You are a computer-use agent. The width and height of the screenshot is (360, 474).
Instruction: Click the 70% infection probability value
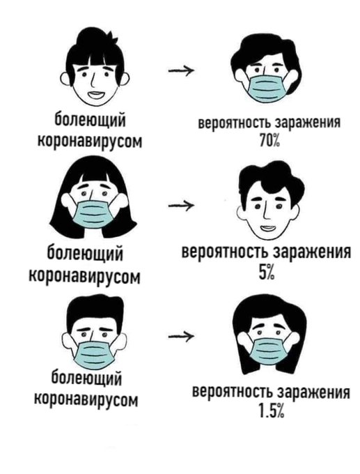click(x=269, y=139)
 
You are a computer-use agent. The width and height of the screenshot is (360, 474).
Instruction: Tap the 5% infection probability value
click(x=266, y=273)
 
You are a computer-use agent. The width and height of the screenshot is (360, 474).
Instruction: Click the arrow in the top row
click(x=181, y=70)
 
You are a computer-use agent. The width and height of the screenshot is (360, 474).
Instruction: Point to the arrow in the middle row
click(x=181, y=206)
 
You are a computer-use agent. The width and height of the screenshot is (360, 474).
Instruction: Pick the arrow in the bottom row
click(x=180, y=337)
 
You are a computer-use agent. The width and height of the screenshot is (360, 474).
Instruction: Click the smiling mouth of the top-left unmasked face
click(x=97, y=95)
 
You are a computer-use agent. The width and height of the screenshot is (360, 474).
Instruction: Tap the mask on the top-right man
click(x=266, y=86)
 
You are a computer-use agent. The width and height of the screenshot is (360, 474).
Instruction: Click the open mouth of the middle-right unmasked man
click(x=267, y=228)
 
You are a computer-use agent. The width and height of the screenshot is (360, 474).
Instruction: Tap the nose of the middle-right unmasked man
click(x=266, y=211)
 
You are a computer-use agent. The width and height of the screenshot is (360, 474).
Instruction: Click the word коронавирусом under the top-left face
click(x=90, y=140)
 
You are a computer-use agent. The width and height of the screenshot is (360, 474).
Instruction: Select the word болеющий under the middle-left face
click(x=86, y=254)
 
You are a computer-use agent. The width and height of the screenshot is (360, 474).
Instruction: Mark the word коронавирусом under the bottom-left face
click(x=86, y=399)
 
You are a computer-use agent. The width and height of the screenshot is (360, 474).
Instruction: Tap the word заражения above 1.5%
click(x=314, y=392)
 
